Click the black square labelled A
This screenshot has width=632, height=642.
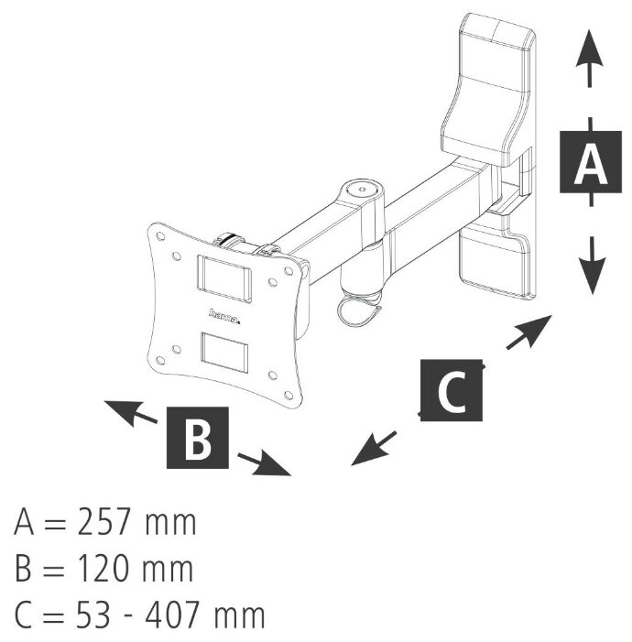click(590, 162)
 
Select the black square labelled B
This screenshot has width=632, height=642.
click(198, 437)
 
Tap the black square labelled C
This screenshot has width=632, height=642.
click(452, 390)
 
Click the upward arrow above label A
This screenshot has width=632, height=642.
click(589, 58)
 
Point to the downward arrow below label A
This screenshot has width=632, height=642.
click(592, 266)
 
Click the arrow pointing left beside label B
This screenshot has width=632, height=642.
click(131, 413)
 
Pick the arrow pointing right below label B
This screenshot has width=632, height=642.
click(265, 464)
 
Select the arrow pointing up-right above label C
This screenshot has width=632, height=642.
click(529, 332)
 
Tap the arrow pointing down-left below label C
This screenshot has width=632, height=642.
click(374, 449)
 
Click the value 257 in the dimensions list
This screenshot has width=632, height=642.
click(104, 522)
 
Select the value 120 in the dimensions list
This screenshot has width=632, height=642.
click(104, 569)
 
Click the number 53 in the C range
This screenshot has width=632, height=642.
click(94, 615)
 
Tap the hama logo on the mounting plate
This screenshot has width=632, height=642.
click(224, 316)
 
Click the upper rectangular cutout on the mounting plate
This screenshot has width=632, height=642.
click(223, 278)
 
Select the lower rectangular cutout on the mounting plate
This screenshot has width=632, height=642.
click(224, 353)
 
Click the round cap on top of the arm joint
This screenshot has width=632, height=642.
click(362, 190)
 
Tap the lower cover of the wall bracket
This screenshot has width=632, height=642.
click(494, 262)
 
